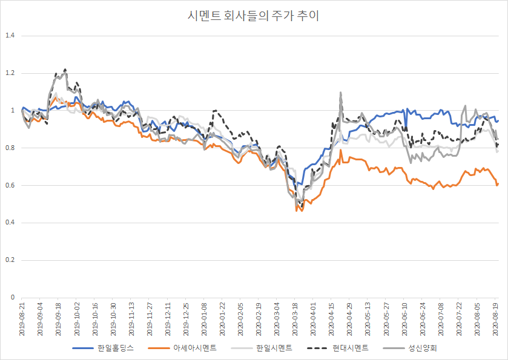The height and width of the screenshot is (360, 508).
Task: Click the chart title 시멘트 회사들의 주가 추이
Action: click(x=254, y=16)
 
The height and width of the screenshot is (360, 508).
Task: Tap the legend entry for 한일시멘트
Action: click(x=274, y=348)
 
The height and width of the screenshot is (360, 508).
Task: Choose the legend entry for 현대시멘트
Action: click(x=351, y=348)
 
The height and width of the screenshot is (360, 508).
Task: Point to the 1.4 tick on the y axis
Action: click(x=9, y=36)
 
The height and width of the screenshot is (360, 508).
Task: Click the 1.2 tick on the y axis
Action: click(x=9, y=73)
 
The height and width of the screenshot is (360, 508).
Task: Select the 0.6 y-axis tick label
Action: click(x=9, y=185)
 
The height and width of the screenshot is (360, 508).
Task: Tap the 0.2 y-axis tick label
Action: click(x=9, y=260)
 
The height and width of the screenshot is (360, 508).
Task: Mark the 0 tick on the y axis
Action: click(x=12, y=298)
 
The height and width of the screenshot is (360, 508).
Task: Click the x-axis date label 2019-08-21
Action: click(x=22, y=318)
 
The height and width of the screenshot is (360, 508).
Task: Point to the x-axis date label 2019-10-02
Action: click(x=77, y=318)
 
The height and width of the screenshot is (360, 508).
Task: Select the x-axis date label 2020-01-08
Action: click(x=204, y=318)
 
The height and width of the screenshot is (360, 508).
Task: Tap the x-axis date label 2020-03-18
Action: click(x=295, y=318)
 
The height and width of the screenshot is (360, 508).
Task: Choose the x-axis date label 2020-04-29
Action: click(x=349, y=318)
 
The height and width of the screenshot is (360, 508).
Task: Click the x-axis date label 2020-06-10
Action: click(x=404, y=318)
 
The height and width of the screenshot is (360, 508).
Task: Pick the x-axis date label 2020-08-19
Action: click(x=495, y=318)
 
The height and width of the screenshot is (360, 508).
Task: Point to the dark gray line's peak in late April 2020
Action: click(x=340, y=93)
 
